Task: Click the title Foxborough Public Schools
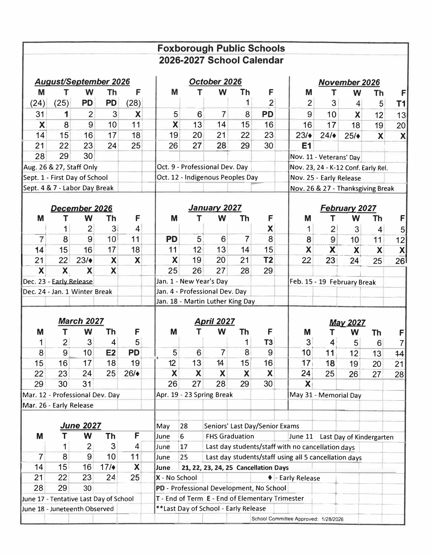point(221,48)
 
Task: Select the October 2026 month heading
point(215,81)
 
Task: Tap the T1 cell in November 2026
point(401,104)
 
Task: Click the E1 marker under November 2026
point(306,146)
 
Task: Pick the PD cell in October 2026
point(267,114)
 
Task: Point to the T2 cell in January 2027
point(268,260)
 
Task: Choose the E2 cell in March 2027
point(111,353)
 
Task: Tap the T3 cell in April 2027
point(268,342)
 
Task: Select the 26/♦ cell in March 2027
point(132,374)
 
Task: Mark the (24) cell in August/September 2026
point(38,103)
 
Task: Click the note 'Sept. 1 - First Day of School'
point(65,177)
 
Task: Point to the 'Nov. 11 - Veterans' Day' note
point(325,157)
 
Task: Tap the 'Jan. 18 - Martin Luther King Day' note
point(205,301)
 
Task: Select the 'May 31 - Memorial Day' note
point(325,395)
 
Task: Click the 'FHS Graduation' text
point(230,436)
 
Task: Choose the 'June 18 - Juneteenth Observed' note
point(68,509)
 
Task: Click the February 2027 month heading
point(348,208)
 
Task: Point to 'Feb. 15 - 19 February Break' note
point(332,282)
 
